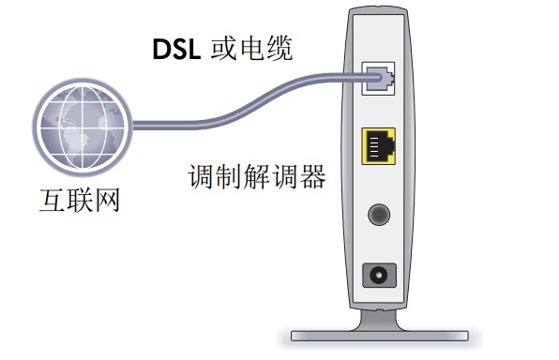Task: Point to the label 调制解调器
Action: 257,176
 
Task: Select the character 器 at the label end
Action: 312,176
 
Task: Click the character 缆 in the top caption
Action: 279,48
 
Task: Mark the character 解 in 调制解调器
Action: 257,176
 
